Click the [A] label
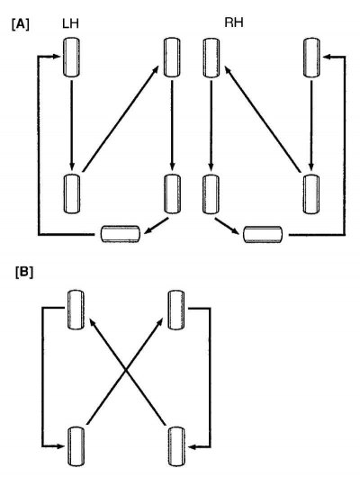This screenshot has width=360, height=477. pos(21,24)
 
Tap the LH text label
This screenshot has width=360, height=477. pos(70,23)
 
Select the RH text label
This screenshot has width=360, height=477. pos(234,22)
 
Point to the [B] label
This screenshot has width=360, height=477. pos(24,273)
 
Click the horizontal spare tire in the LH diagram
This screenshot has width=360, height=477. pos(121,234)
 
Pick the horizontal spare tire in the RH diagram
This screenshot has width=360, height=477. pos(263,235)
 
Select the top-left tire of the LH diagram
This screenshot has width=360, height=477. pos(71,57)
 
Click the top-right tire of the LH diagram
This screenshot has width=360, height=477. pos(172,57)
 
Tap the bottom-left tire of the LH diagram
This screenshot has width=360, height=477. pos(72,193)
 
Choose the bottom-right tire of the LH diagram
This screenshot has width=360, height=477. pos(172,193)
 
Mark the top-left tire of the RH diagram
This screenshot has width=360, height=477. pos(211,58)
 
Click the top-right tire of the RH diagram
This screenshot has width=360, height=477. pos(311,58)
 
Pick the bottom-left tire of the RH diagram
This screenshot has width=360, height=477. pos(211,193)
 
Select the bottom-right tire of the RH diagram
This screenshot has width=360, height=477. pos(311,193)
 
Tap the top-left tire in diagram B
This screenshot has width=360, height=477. pos(76,310)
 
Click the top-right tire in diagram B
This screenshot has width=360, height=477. pos(176,310)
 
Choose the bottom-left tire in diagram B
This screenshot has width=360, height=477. pos(76,446)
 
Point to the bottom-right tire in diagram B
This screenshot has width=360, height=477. pos(176,446)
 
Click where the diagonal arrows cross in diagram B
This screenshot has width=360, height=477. pos(126,370)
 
